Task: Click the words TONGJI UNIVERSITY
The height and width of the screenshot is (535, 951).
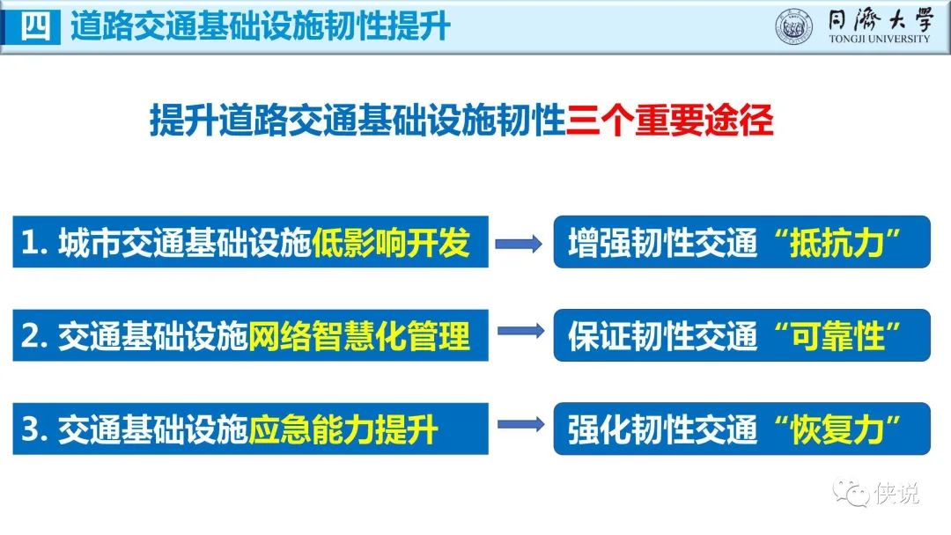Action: tap(879, 40)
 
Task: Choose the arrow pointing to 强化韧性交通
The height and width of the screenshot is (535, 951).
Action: tap(520, 426)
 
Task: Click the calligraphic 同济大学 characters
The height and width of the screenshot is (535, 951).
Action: tap(879, 19)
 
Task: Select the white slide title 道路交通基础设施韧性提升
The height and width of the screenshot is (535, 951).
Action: tap(261, 26)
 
